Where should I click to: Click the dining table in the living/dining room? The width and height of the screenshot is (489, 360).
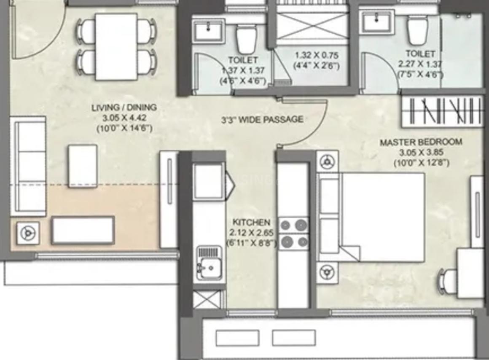point(116,46)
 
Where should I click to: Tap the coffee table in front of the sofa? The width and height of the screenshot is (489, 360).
point(83,166)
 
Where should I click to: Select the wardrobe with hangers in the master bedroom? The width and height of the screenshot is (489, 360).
point(442,111)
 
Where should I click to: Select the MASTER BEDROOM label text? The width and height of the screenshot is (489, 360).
point(421,142)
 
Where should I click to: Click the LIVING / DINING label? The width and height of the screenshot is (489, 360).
point(124,107)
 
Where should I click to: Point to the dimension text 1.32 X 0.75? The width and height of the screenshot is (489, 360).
point(316,55)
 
